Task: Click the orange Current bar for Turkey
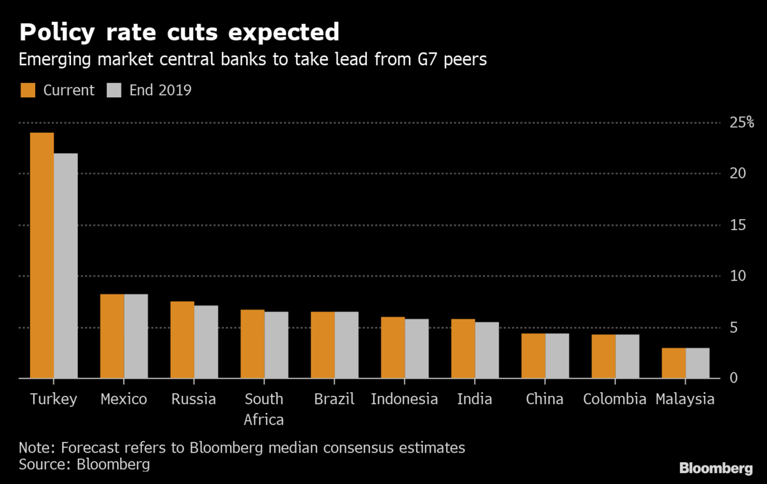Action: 42,256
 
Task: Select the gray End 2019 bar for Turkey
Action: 66,266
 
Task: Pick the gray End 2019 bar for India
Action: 487,350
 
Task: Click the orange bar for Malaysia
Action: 674,363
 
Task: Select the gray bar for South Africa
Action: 276,345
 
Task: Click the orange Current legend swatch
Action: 27,90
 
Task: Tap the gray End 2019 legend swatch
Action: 112,90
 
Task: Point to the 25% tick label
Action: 742,122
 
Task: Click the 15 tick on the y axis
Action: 738,225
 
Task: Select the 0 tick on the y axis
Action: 733,379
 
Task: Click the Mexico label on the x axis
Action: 124,400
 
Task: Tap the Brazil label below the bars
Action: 334,400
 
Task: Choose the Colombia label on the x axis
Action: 615,400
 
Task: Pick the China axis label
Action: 545,400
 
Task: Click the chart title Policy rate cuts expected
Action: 179,32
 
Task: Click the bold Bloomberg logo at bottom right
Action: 716,469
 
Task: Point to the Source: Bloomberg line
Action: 84,464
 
